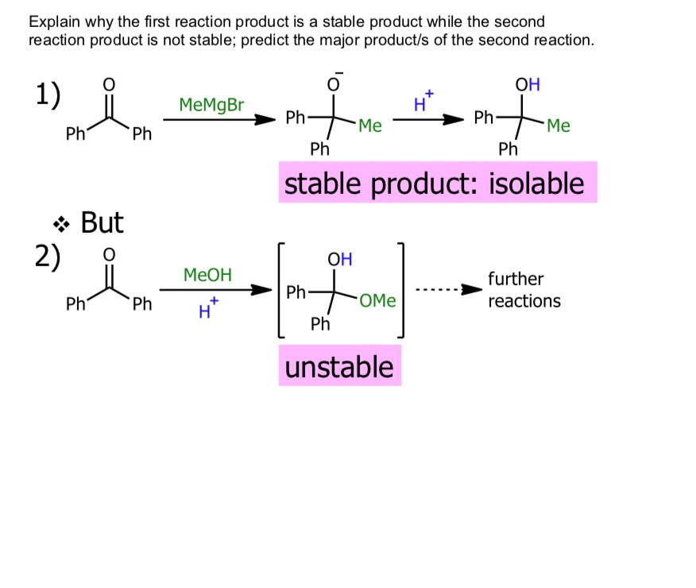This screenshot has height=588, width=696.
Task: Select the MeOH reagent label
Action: [x=207, y=275]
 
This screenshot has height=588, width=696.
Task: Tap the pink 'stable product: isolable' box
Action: [x=436, y=184]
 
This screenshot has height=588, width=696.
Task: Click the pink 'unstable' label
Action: [x=339, y=366]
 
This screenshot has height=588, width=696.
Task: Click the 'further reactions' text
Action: [x=524, y=290]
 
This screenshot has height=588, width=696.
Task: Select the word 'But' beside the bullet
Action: [x=102, y=223]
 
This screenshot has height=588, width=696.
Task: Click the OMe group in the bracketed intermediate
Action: [x=377, y=301]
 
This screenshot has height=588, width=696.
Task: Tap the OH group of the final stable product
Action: [x=528, y=84]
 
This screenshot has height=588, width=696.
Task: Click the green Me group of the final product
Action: [x=559, y=126]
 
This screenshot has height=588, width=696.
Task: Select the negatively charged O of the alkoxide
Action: [x=334, y=84]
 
